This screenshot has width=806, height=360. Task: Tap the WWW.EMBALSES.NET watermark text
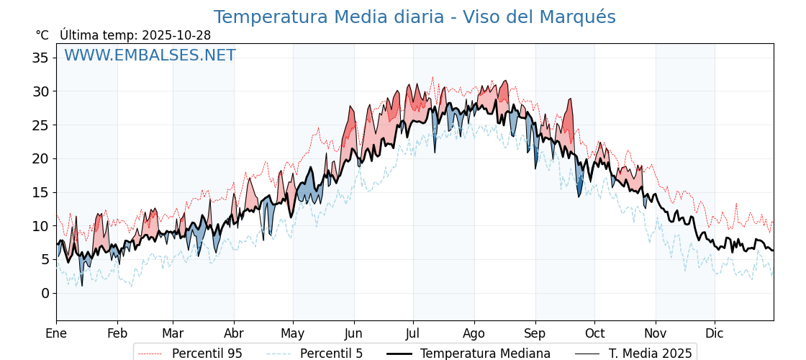click(150, 55)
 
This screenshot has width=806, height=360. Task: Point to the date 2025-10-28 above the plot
click(176, 35)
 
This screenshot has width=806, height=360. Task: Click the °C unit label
click(42, 35)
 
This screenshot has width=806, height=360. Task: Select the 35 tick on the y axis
click(40, 58)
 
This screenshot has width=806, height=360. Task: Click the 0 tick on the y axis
click(45, 293)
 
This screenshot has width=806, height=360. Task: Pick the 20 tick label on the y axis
click(40, 158)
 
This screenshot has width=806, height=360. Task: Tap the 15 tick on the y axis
click(40, 192)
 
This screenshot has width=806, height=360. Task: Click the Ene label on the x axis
click(56, 333)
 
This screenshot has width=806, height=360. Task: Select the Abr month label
click(234, 333)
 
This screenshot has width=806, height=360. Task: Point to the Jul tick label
click(413, 333)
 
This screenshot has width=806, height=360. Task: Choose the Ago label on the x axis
click(474, 333)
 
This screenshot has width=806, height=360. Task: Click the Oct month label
click(594, 333)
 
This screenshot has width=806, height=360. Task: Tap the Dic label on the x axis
click(715, 333)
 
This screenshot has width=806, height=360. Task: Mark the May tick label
click(293, 333)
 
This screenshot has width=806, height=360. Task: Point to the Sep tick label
click(535, 333)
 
